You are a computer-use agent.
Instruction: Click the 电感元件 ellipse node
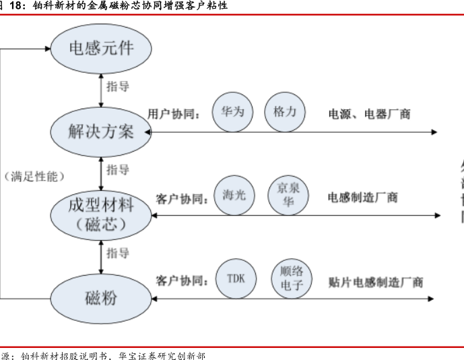click(x=102, y=48)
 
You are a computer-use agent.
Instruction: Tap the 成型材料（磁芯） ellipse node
click(x=101, y=214)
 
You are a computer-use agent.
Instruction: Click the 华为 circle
click(x=232, y=111)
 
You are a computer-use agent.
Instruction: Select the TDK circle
click(x=236, y=278)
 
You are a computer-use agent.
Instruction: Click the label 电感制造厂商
click(x=362, y=198)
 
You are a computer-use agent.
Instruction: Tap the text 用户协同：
click(x=174, y=113)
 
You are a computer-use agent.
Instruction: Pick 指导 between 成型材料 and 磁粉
click(x=118, y=253)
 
